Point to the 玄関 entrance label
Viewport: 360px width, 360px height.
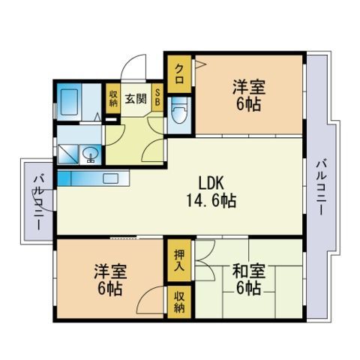coord(135,97)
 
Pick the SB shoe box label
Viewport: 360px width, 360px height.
coord(159,97)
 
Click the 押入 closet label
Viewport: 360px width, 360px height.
coord(178,261)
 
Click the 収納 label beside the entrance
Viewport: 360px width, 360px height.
coord(112,97)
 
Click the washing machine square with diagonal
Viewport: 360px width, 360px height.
coord(68,153)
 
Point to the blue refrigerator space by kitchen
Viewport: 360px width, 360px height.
coord(63,178)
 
